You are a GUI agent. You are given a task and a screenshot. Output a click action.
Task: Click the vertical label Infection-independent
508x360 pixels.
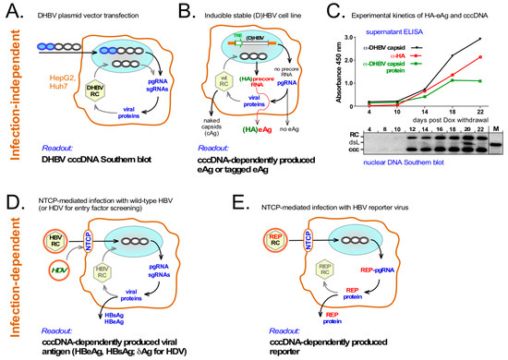click(x=13, y=92)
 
